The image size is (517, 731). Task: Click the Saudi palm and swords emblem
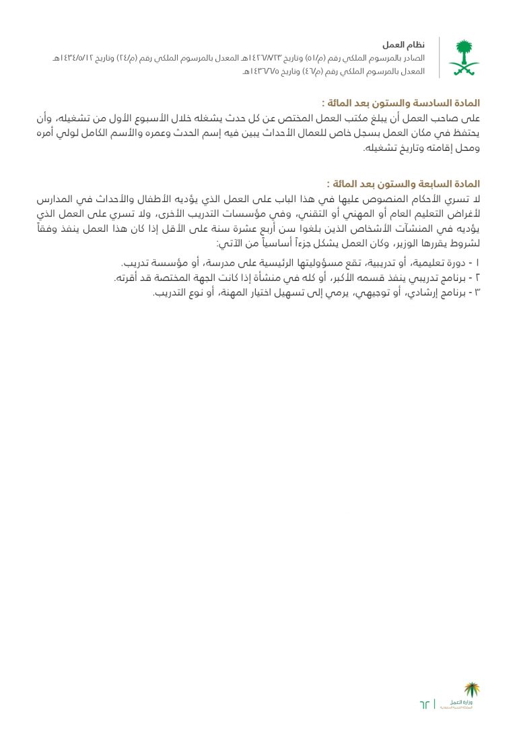coord(464,58)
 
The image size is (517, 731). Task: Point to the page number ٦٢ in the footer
coord(423,704)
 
